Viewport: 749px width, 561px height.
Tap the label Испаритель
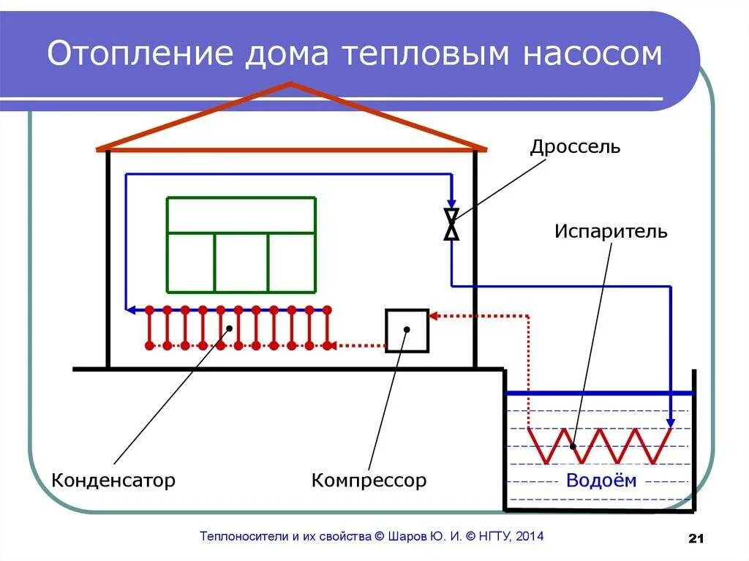pyautogui.click(x=611, y=232)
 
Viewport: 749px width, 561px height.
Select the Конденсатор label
pyautogui.click(x=113, y=481)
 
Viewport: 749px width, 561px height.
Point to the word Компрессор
pyautogui.click(x=369, y=481)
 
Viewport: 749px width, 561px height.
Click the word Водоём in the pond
pyautogui.click(x=601, y=481)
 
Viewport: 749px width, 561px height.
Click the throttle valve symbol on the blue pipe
pyautogui.click(x=452, y=223)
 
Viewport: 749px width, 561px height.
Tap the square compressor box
pyautogui.click(x=407, y=331)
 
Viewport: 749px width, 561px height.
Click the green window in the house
pyautogui.click(x=241, y=244)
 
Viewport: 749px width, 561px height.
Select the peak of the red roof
pyautogui.click(x=291, y=86)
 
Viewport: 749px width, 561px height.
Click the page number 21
pyautogui.click(x=696, y=539)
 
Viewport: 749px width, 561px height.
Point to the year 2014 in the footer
pyautogui.click(x=529, y=536)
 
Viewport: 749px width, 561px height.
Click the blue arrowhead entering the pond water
pyautogui.click(x=671, y=423)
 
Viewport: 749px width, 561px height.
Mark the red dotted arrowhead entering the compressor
pyautogui.click(x=433, y=316)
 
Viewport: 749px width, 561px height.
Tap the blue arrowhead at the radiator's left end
pyautogui.click(x=131, y=309)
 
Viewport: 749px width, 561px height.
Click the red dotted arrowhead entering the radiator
pyautogui.click(x=329, y=345)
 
